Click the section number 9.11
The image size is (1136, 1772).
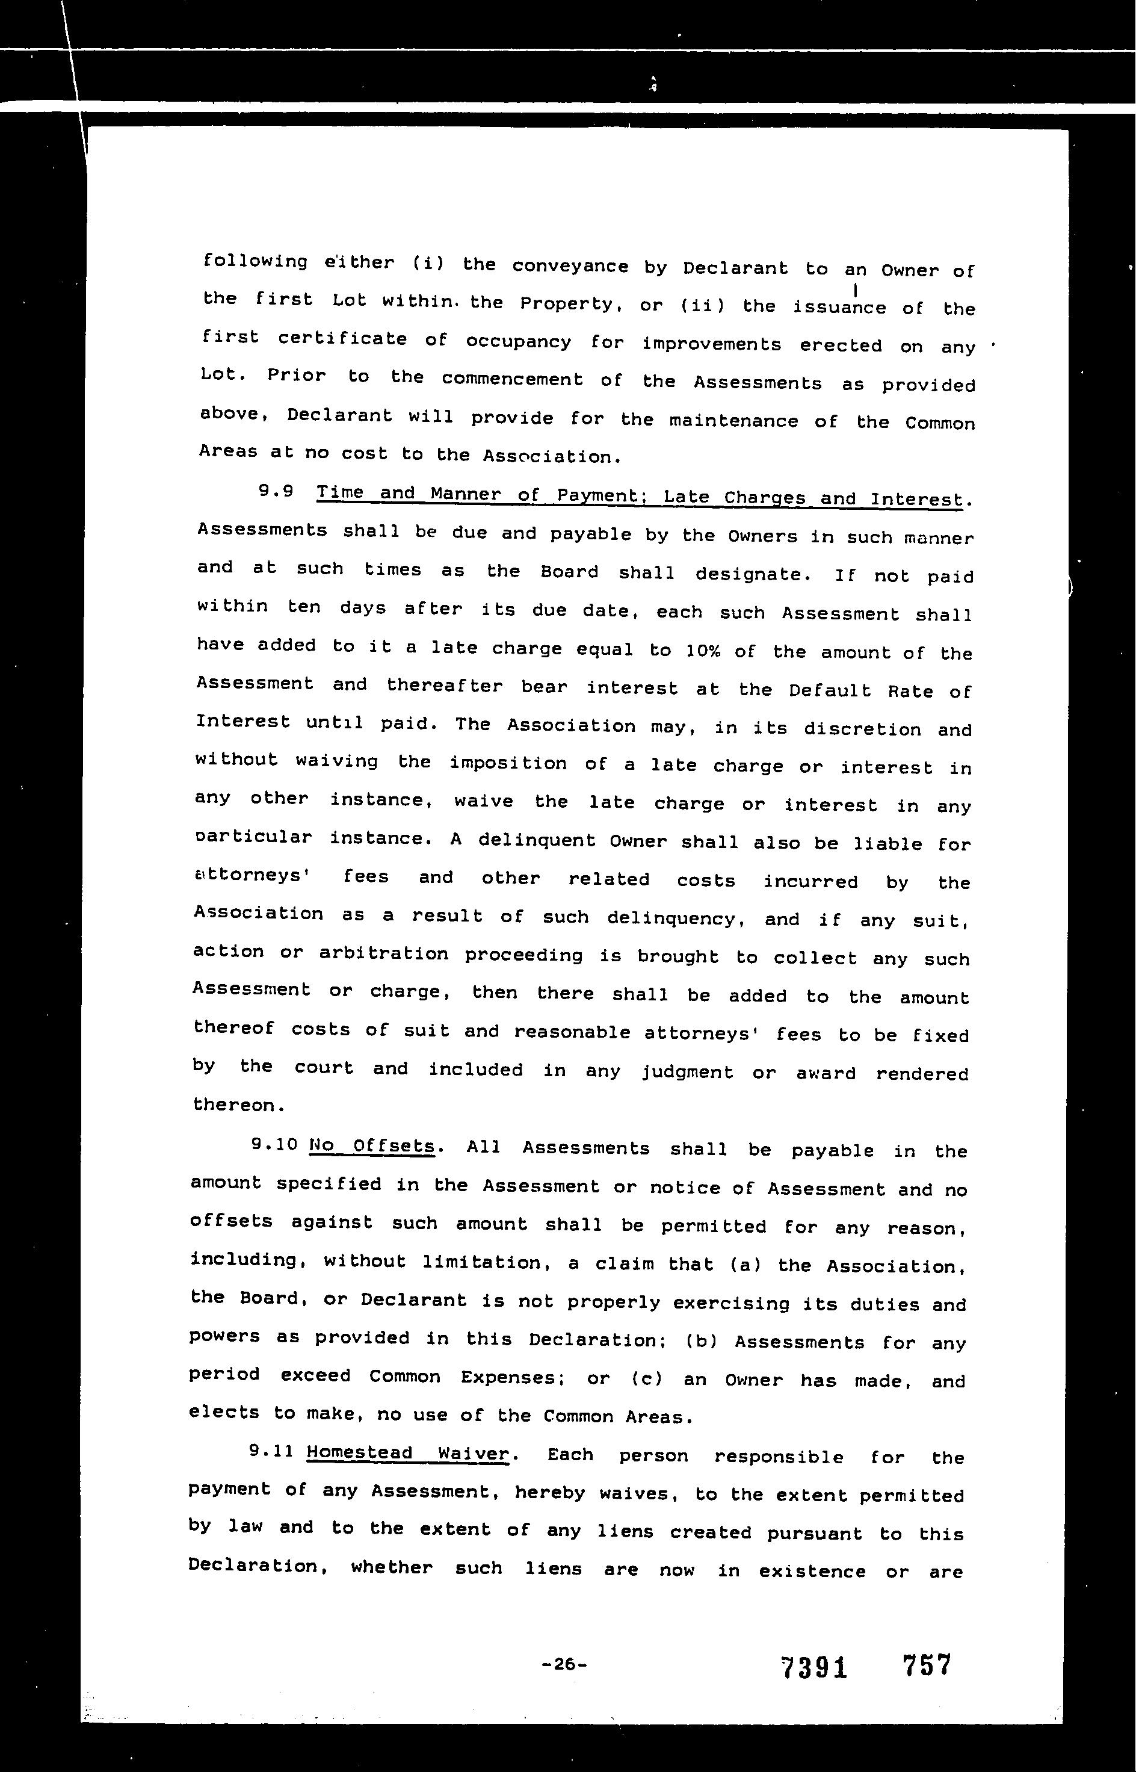(271, 1451)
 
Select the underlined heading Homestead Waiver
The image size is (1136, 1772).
(407, 1452)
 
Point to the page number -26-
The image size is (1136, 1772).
(564, 1664)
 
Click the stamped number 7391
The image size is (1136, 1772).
(813, 1667)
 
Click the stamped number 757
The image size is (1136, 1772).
(927, 1664)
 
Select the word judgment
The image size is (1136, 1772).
(687, 1072)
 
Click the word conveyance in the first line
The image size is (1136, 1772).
(569, 266)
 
